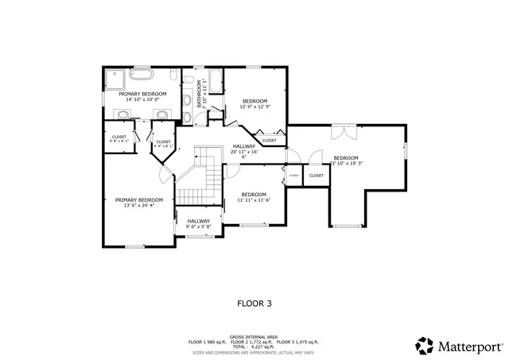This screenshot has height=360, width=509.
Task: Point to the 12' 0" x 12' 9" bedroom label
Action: [254, 103]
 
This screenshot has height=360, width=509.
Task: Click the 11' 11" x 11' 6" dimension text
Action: [254, 200]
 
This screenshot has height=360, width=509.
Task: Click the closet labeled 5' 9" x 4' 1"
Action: [119, 139]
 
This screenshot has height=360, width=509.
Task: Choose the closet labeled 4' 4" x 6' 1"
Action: [163, 144]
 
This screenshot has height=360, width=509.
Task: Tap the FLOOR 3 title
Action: [254, 303]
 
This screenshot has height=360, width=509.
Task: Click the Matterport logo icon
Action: [424, 345]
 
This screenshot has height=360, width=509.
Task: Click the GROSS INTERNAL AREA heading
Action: [253, 337]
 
